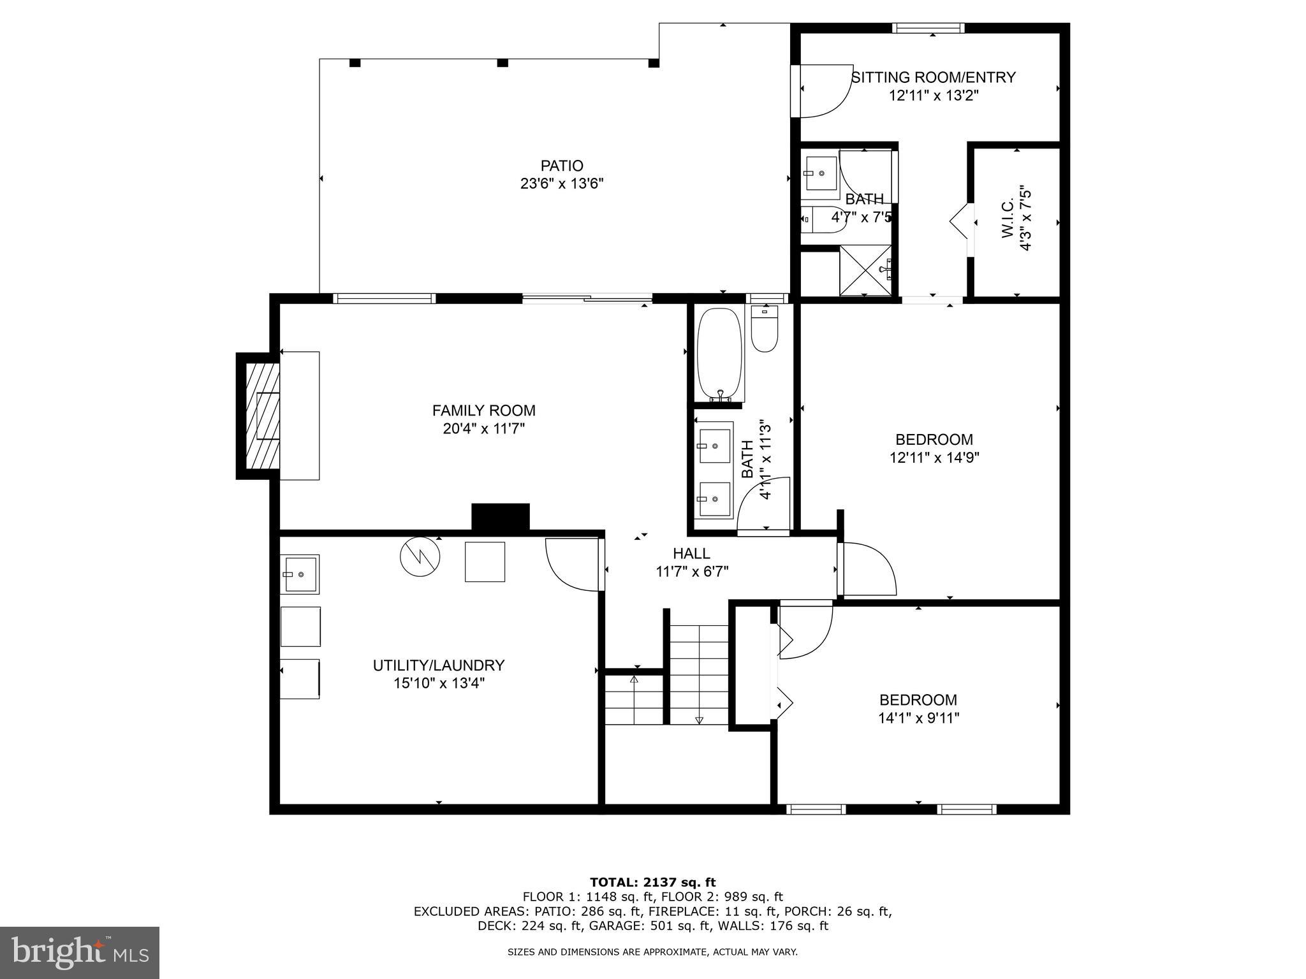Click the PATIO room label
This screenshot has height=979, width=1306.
[x=561, y=166]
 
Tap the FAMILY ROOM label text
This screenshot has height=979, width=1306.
[x=483, y=410]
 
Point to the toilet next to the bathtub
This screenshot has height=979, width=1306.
[x=764, y=328]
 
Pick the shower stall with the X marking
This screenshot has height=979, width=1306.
[x=865, y=270]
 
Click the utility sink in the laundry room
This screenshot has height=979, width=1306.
[x=300, y=574]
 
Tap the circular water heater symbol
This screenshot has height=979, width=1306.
[x=420, y=557]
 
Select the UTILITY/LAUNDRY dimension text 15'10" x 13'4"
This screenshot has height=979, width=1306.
[x=439, y=683]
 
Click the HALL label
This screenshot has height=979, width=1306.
[x=691, y=553]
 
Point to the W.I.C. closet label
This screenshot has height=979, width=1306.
[x=1008, y=219]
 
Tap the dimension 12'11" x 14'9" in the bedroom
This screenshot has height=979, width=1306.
[x=934, y=457]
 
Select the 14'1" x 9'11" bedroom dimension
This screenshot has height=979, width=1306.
[x=918, y=718]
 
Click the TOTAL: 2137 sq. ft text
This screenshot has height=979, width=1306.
[x=652, y=882]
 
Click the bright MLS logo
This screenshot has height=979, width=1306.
[x=80, y=952]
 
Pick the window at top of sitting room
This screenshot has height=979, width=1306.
[x=928, y=27]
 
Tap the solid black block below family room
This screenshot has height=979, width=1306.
[x=500, y=516]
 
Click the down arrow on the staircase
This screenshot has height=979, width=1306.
[x=699, y=720]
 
